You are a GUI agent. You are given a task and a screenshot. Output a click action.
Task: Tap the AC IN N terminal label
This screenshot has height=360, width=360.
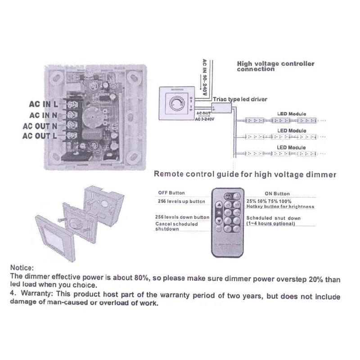pyautogui.click(x=44, y=116)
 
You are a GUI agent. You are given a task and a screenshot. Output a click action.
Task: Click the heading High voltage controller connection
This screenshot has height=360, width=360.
pyautogui.click(x=275, y=66)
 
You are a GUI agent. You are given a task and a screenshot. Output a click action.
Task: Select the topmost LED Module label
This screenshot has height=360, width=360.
pyautogui.click(x=291, y=114)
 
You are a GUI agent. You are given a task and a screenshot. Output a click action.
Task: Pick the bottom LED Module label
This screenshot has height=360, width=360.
pyautogui.click(x=291, y=147)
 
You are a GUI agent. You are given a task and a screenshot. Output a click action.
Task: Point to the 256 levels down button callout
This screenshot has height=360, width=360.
pyautogui.click(x=182, y=217)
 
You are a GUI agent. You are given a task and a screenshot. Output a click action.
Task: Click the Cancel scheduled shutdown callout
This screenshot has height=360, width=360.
pyautogui.click(x=176, y=226)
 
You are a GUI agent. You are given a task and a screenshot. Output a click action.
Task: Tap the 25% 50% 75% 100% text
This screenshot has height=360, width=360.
pyautogui.click(x=269, y=201)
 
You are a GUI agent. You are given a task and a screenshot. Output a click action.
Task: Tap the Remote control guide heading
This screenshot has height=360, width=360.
pyautogui.click(x=245, y=174)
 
